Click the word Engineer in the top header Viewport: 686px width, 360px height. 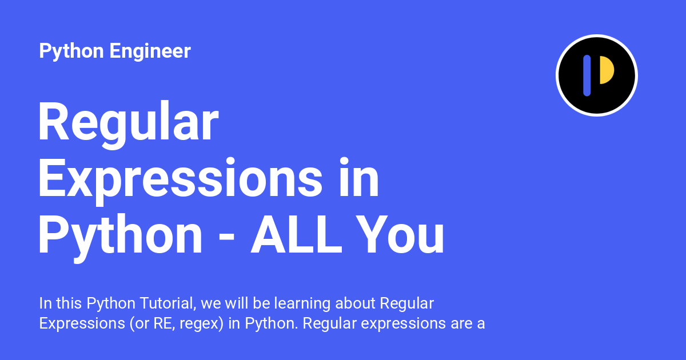pyautogui.click(x=150, y=51)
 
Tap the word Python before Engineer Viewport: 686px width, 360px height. pyautogui.click(x=71, y=51)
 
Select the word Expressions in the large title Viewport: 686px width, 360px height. pyautogui.click(x=181, y=181)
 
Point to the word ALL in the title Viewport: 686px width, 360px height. pyautogui.click(x=296, y=234)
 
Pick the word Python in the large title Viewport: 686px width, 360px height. pyautogui.click(x=120, y=238)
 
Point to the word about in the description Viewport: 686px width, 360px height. pyautogui.click(x=355, y=303)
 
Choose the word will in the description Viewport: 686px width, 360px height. pyautogui.click(x=237, y=303)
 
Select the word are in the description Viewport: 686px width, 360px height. pyautogui.click(x=461, y=325)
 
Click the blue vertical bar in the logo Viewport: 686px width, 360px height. pyautogui.click(x=587, y=75)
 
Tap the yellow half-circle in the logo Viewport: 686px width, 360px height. pyautogui.click(x=607, y=70)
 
